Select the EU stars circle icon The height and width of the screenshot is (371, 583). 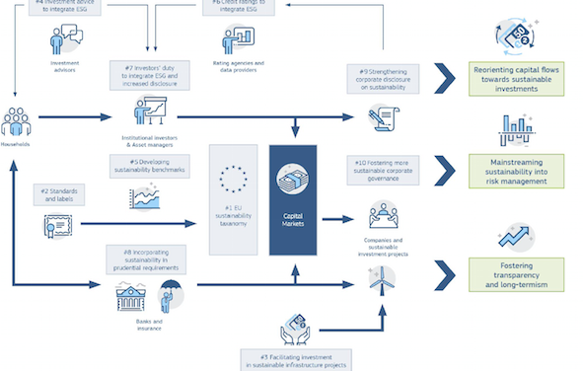234,181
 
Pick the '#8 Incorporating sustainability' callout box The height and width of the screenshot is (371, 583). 146,260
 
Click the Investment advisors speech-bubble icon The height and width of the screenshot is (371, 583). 65,39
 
